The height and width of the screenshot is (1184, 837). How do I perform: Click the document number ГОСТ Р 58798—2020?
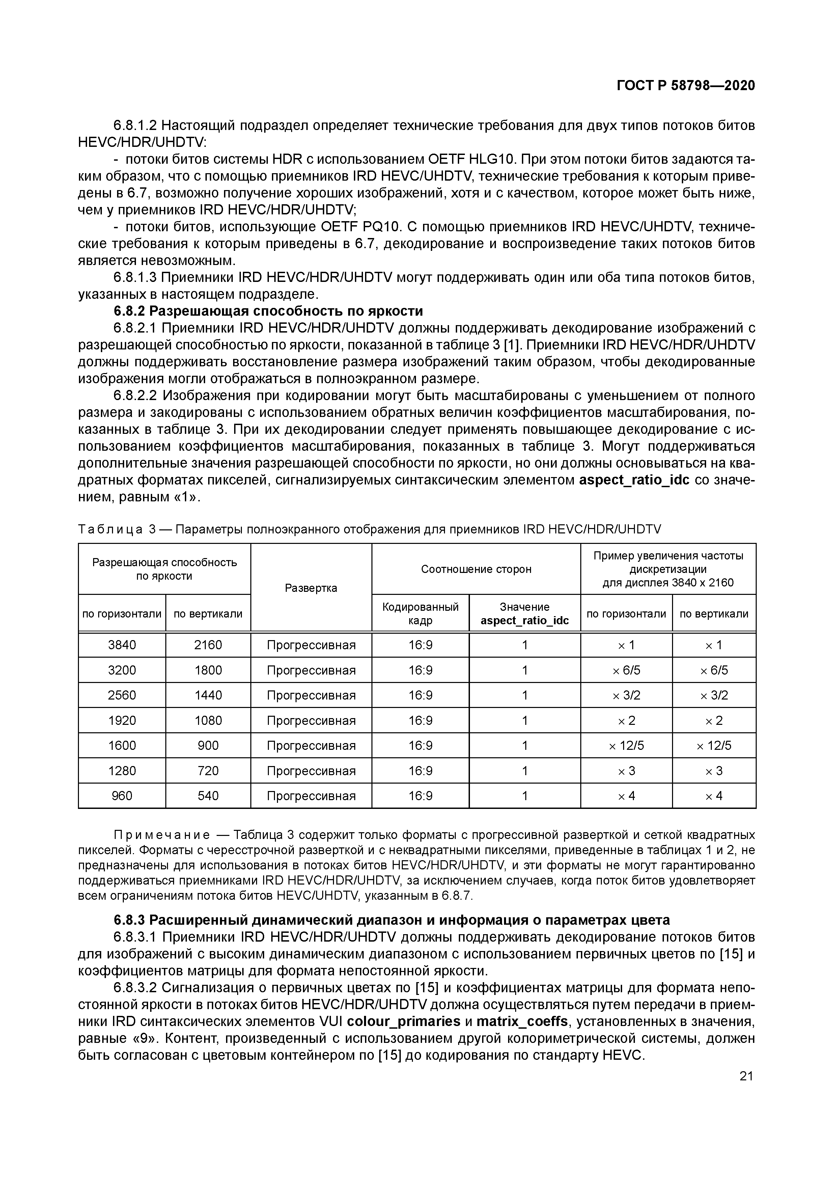click(686, 86)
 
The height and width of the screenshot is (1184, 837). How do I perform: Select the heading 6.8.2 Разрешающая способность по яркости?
click(268, 311)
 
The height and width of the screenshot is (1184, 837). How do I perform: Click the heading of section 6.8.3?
click(392, 919)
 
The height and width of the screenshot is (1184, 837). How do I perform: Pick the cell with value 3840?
click(122, 644)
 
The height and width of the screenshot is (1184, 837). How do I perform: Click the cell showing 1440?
click(208, 695)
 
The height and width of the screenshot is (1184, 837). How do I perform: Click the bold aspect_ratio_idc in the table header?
click(524, 621)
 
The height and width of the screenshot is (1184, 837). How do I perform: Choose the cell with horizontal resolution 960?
click(122, 796)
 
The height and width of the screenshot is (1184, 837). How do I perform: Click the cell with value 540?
click(208, 796)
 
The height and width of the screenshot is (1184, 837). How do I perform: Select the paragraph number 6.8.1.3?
click(135, 278)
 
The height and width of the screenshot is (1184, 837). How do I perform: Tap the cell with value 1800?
click(208, 670)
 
